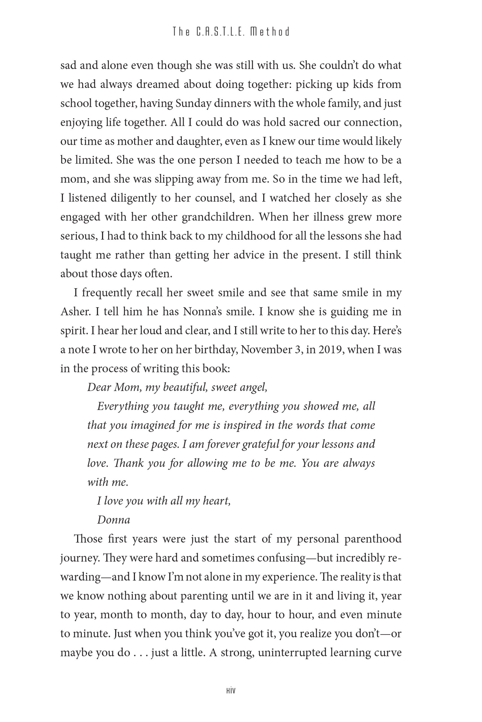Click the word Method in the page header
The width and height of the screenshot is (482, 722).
coord(270,32)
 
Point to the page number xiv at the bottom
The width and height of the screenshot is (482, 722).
coord(231,691)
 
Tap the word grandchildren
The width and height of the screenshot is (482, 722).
coord(218,217)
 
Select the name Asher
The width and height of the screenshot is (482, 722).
coord(75,312)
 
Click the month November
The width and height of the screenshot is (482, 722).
coord(266,350)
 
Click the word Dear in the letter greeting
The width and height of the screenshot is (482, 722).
coord(99,388)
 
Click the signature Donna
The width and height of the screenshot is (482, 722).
coord(114,520)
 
